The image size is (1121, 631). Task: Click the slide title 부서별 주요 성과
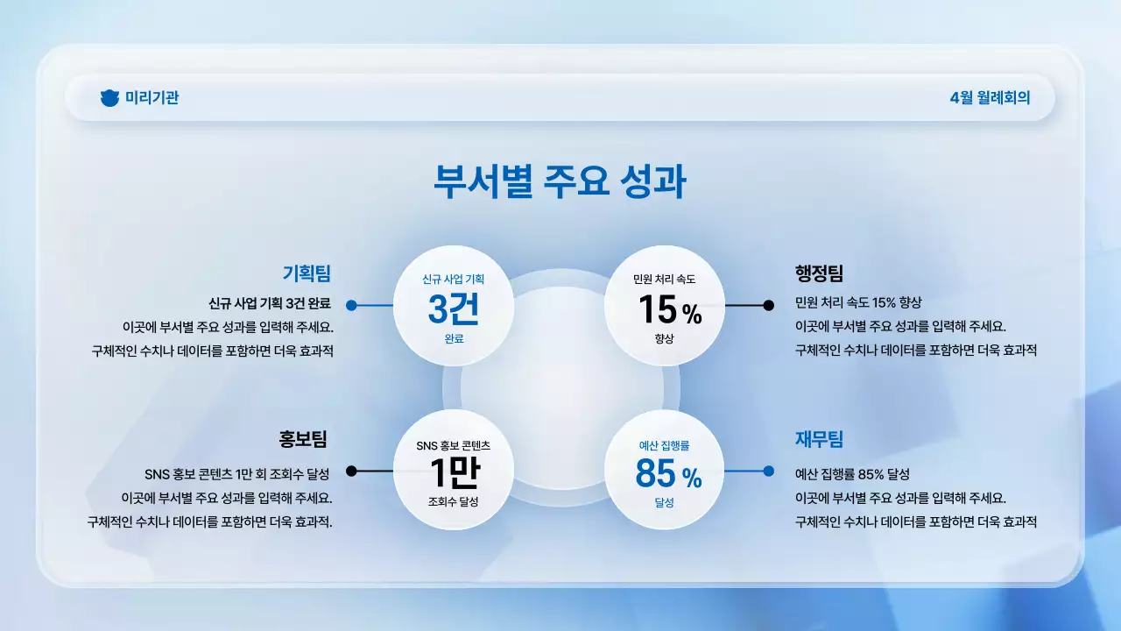point(560,181)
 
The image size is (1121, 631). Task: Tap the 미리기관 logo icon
point(109,98)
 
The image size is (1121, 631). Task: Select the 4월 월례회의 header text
point(990,98)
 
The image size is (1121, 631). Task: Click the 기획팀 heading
point(307,273)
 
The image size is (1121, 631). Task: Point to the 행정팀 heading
point(819,273)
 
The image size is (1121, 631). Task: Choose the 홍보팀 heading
point(303,438)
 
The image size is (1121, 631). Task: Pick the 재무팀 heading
point(819,438)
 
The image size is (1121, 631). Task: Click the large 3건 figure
point(453,308)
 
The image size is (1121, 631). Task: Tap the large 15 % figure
point(669,310)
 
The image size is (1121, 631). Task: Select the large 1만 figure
point(454,473)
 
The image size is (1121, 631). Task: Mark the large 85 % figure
point(668,475)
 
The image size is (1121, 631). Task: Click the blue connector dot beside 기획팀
point(351,306)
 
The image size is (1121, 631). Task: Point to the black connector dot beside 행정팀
point(769,306)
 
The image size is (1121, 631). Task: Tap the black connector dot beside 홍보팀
point(351,471)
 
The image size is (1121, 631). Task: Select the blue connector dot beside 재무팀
point(769,471)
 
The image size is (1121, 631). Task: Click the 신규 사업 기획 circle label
point(453,280)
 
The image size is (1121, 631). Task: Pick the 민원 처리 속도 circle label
point(665,280)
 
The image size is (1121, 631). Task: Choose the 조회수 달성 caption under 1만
point(453,502)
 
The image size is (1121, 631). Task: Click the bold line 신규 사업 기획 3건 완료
point(270,304)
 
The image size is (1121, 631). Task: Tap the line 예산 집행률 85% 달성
point(852,474)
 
